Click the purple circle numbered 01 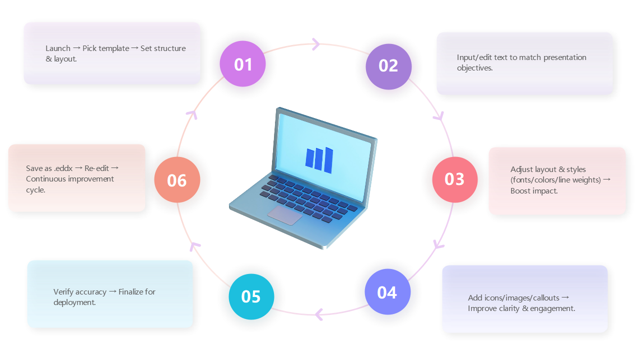[243, 64]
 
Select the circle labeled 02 [388, 66]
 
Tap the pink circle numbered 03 [454, 179]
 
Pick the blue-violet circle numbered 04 [387, 292]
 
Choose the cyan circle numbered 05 [251, 296]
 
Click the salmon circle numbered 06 [177, 180]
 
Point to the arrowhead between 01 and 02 [316, 44]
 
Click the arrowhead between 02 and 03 [438, 117]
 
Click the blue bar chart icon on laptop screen [319, 159]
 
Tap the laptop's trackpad [284, 215]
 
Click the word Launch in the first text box [58, 48]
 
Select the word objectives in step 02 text [474, 68]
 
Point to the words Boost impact [533, 191]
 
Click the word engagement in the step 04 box [552, 308]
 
